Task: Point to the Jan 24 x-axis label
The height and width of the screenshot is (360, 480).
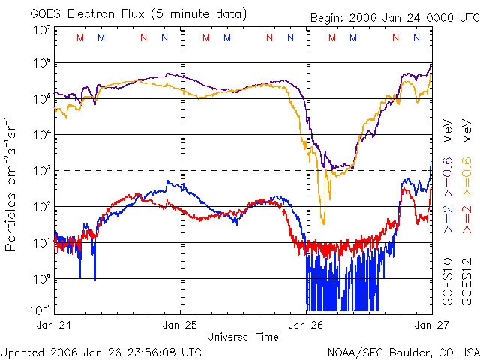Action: (54, 325)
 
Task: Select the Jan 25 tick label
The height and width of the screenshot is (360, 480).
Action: (180, 325)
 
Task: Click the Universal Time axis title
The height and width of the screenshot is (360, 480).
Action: (243, 336)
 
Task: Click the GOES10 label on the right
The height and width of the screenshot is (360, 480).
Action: (447, 280)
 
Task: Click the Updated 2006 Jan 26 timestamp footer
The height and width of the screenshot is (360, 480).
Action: (101, 351)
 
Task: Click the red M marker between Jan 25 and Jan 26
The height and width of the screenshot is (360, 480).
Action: (206, 37)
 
